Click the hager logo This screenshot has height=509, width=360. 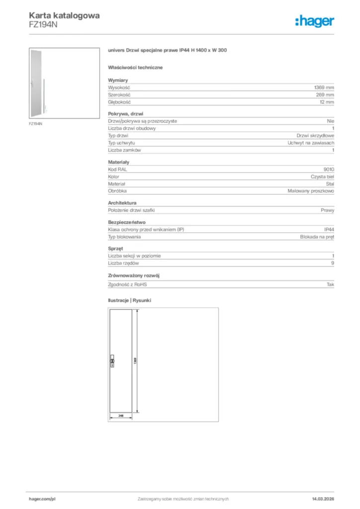315,20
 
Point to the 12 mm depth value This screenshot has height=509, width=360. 327,102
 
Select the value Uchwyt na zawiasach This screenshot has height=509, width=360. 311,143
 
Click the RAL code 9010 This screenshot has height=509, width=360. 329,170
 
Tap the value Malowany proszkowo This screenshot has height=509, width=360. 311,191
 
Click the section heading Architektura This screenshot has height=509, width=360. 122,203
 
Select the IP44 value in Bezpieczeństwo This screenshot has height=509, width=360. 329,230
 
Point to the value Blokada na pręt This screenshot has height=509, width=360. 317,237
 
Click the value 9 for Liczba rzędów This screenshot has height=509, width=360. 332,263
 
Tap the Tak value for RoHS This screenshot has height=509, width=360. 331,285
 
